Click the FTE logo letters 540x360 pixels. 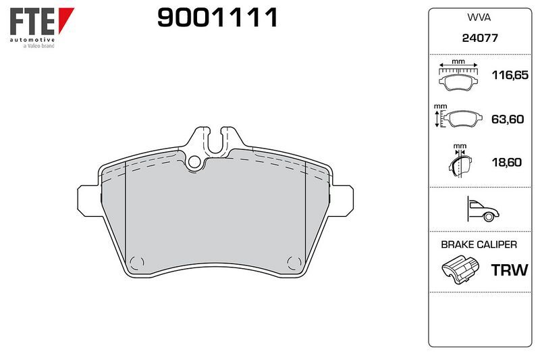click(x=32, y=22)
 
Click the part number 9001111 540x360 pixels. click(x=217, y=18)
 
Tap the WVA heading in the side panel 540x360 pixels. click(x=479, y=18)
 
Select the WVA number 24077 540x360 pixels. click(x=480, y=38)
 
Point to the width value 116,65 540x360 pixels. click(x=510, y=75)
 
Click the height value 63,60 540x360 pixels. click(x=508, y=119)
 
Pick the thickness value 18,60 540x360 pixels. click(x=507, y=162)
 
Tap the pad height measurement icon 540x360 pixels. click(x=458, y=116)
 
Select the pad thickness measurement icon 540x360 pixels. click(x=460, y=161)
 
